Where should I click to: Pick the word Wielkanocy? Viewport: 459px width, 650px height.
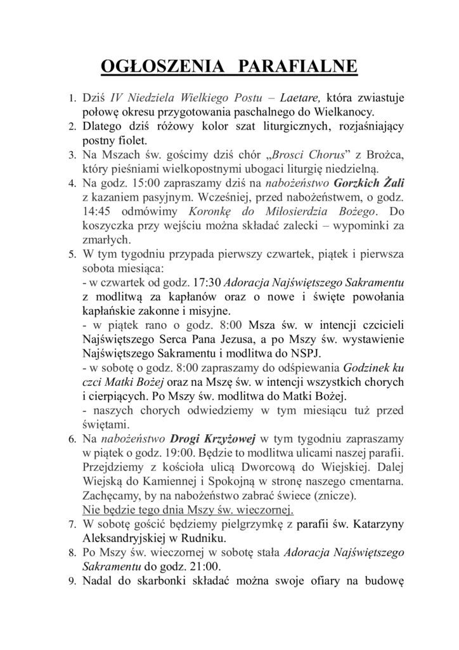(349, 112)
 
